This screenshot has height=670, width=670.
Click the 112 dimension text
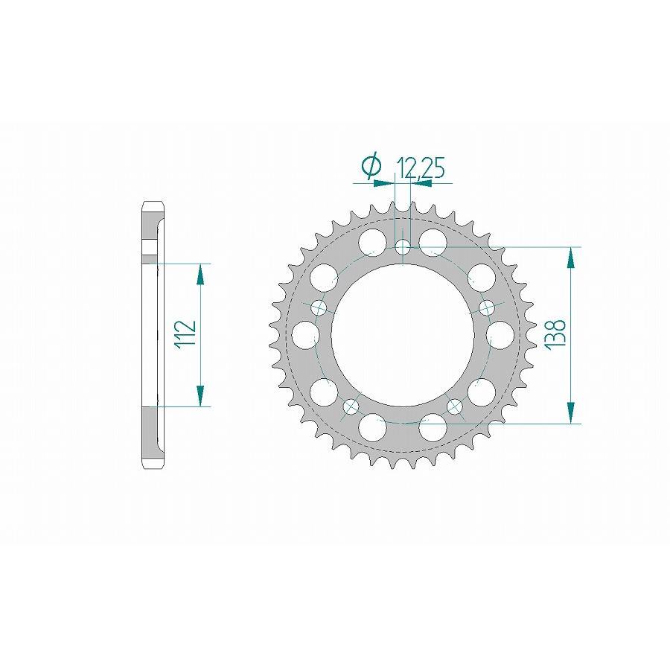pos(185,335)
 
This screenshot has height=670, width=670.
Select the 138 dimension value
pos(558,335)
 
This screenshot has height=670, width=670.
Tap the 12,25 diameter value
pos(421,169)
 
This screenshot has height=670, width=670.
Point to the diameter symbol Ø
pos(370,167)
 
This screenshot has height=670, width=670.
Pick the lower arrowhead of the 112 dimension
pos(200,396)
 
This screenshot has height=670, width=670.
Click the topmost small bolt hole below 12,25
pos(403,247)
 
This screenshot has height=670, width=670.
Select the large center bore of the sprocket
pos(403,335)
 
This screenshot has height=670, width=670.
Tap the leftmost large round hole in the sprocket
pos(304,334)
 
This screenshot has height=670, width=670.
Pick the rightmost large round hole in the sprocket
pos(501,334)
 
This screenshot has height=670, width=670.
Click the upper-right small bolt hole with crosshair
pos(488,307)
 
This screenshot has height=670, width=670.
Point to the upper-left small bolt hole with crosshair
pos(318,307)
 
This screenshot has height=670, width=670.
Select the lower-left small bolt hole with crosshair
pos(351,406)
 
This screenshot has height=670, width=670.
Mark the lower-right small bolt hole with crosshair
pos(455,406)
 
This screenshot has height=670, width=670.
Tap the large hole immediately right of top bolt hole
pos(433,241)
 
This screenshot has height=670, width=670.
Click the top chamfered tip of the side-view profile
pos(153,205)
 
